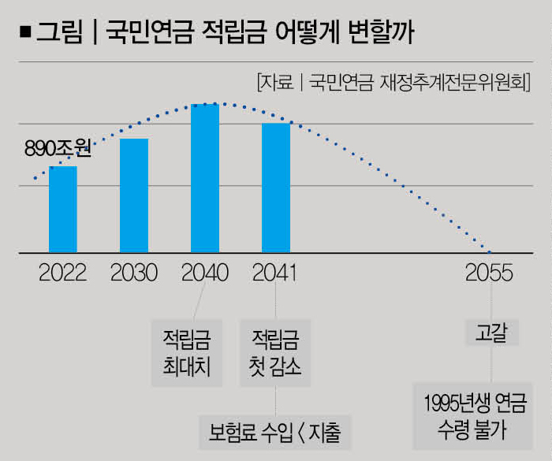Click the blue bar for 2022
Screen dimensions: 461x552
(63, 210)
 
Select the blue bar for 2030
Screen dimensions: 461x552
(134, 195)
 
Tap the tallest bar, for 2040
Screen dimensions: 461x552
(205, 179)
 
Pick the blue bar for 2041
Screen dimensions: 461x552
(276, 188)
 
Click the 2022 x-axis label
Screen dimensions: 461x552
(63, 273)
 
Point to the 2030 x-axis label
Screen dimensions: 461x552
(134, 273)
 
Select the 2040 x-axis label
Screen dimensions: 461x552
(205, 273)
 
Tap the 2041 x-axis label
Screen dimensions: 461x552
(276, 273)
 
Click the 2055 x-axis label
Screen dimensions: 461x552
(490, 273)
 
